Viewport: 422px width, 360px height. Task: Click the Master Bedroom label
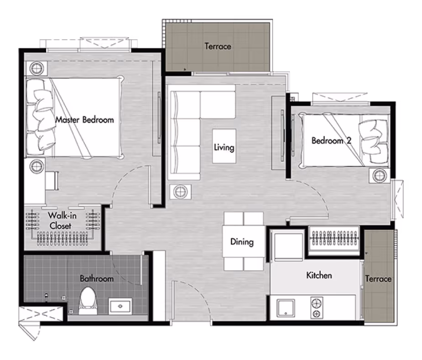[x=84, y=120]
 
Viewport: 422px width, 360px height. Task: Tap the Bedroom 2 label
[x=332, y=140]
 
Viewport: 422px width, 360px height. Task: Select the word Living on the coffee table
[x=224, y=147]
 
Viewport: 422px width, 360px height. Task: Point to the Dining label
[x=242, y=242]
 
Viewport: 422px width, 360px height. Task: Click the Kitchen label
[x=319, y=275]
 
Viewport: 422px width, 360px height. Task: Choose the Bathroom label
[x=97, y=278]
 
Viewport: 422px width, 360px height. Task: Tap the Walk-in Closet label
[x=62, y=221]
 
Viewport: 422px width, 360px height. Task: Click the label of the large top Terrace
[x=218, y=46]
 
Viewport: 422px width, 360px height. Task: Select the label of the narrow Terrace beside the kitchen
[x=378, y=278]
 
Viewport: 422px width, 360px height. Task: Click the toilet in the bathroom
[x=88, y=301]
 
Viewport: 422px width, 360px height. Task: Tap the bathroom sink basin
[x=120, y=306]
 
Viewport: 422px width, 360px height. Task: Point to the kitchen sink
[x=286, y=309]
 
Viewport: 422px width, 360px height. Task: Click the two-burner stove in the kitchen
[x=317, y=308]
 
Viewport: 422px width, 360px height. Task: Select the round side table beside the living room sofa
[x=180, y=192]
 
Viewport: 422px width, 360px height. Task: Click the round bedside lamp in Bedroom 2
[x=380, y=176]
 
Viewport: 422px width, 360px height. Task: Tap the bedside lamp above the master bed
[x=36, y=68]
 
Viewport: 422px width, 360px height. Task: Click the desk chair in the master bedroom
[x=52, y=181]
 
